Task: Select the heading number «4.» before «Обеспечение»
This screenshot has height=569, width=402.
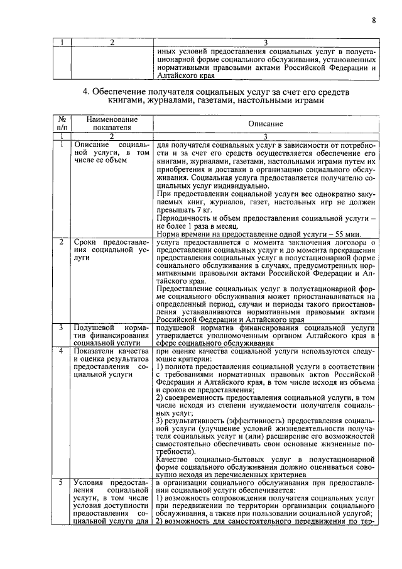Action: (x=87, y=92)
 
